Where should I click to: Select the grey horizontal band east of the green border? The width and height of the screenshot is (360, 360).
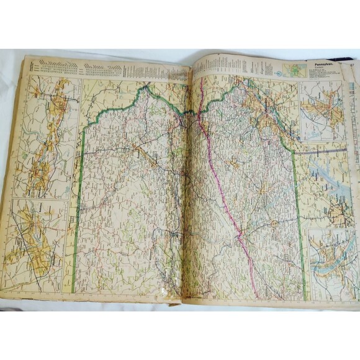tap(323, 150)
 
